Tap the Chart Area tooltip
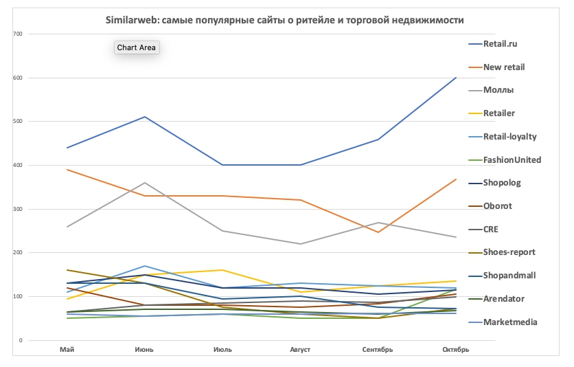point(137,47)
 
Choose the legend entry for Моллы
point(498,90)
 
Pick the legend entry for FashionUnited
point(512,160)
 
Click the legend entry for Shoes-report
point(509,252)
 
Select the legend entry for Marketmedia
point(509,322)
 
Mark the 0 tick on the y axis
point(21,340)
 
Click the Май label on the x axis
point(67,350)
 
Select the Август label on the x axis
point(300,350)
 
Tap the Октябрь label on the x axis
point(455,350)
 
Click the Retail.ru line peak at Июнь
point(145,117)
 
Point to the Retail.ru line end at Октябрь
point(456,78)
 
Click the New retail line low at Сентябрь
point(378,232)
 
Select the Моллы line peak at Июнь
point(145,183)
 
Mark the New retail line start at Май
point(67,169)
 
